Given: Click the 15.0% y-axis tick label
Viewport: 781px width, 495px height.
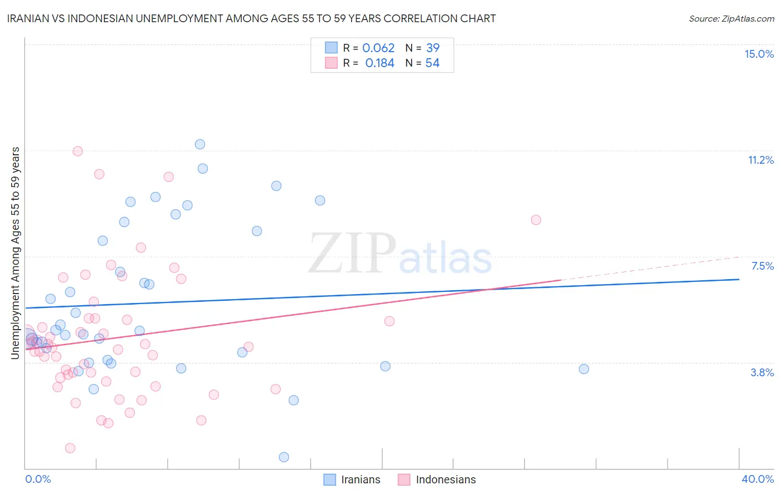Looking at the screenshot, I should click(759, 54).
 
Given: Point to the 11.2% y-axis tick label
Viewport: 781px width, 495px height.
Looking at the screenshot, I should click(760, 160).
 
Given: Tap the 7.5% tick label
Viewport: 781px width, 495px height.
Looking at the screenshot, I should click(762, 266).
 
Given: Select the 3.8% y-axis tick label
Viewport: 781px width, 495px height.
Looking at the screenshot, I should click(762, 372).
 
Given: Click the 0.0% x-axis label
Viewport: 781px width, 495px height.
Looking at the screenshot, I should click(38, 479).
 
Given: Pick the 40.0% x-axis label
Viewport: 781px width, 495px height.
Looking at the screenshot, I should click(757, 479).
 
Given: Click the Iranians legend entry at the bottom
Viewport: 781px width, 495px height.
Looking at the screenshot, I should click(353, 479).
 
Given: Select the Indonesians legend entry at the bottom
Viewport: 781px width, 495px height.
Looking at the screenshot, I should click(437, 479).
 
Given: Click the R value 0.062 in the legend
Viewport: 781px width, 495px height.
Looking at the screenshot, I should click(378, 48).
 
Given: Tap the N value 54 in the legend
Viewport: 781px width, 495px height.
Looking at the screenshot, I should click(432, 63).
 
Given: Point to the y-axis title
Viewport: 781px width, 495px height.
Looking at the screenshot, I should click(16, 253).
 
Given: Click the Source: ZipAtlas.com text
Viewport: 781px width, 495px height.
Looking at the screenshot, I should click(731, 19).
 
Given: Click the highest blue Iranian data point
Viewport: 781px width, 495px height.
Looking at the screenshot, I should click(200, 144).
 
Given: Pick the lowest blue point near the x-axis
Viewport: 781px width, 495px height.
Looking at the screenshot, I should click(284, 457).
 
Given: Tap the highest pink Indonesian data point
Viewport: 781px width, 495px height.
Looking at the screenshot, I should click(78, 151).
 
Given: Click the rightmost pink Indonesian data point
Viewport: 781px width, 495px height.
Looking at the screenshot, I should click(536, 220).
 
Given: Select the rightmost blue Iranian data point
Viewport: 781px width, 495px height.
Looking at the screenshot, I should click(584, 369).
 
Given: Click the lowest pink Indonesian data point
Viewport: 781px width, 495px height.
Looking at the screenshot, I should click(70, 448).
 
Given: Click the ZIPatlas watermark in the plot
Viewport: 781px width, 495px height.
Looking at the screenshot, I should click(400, 254).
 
